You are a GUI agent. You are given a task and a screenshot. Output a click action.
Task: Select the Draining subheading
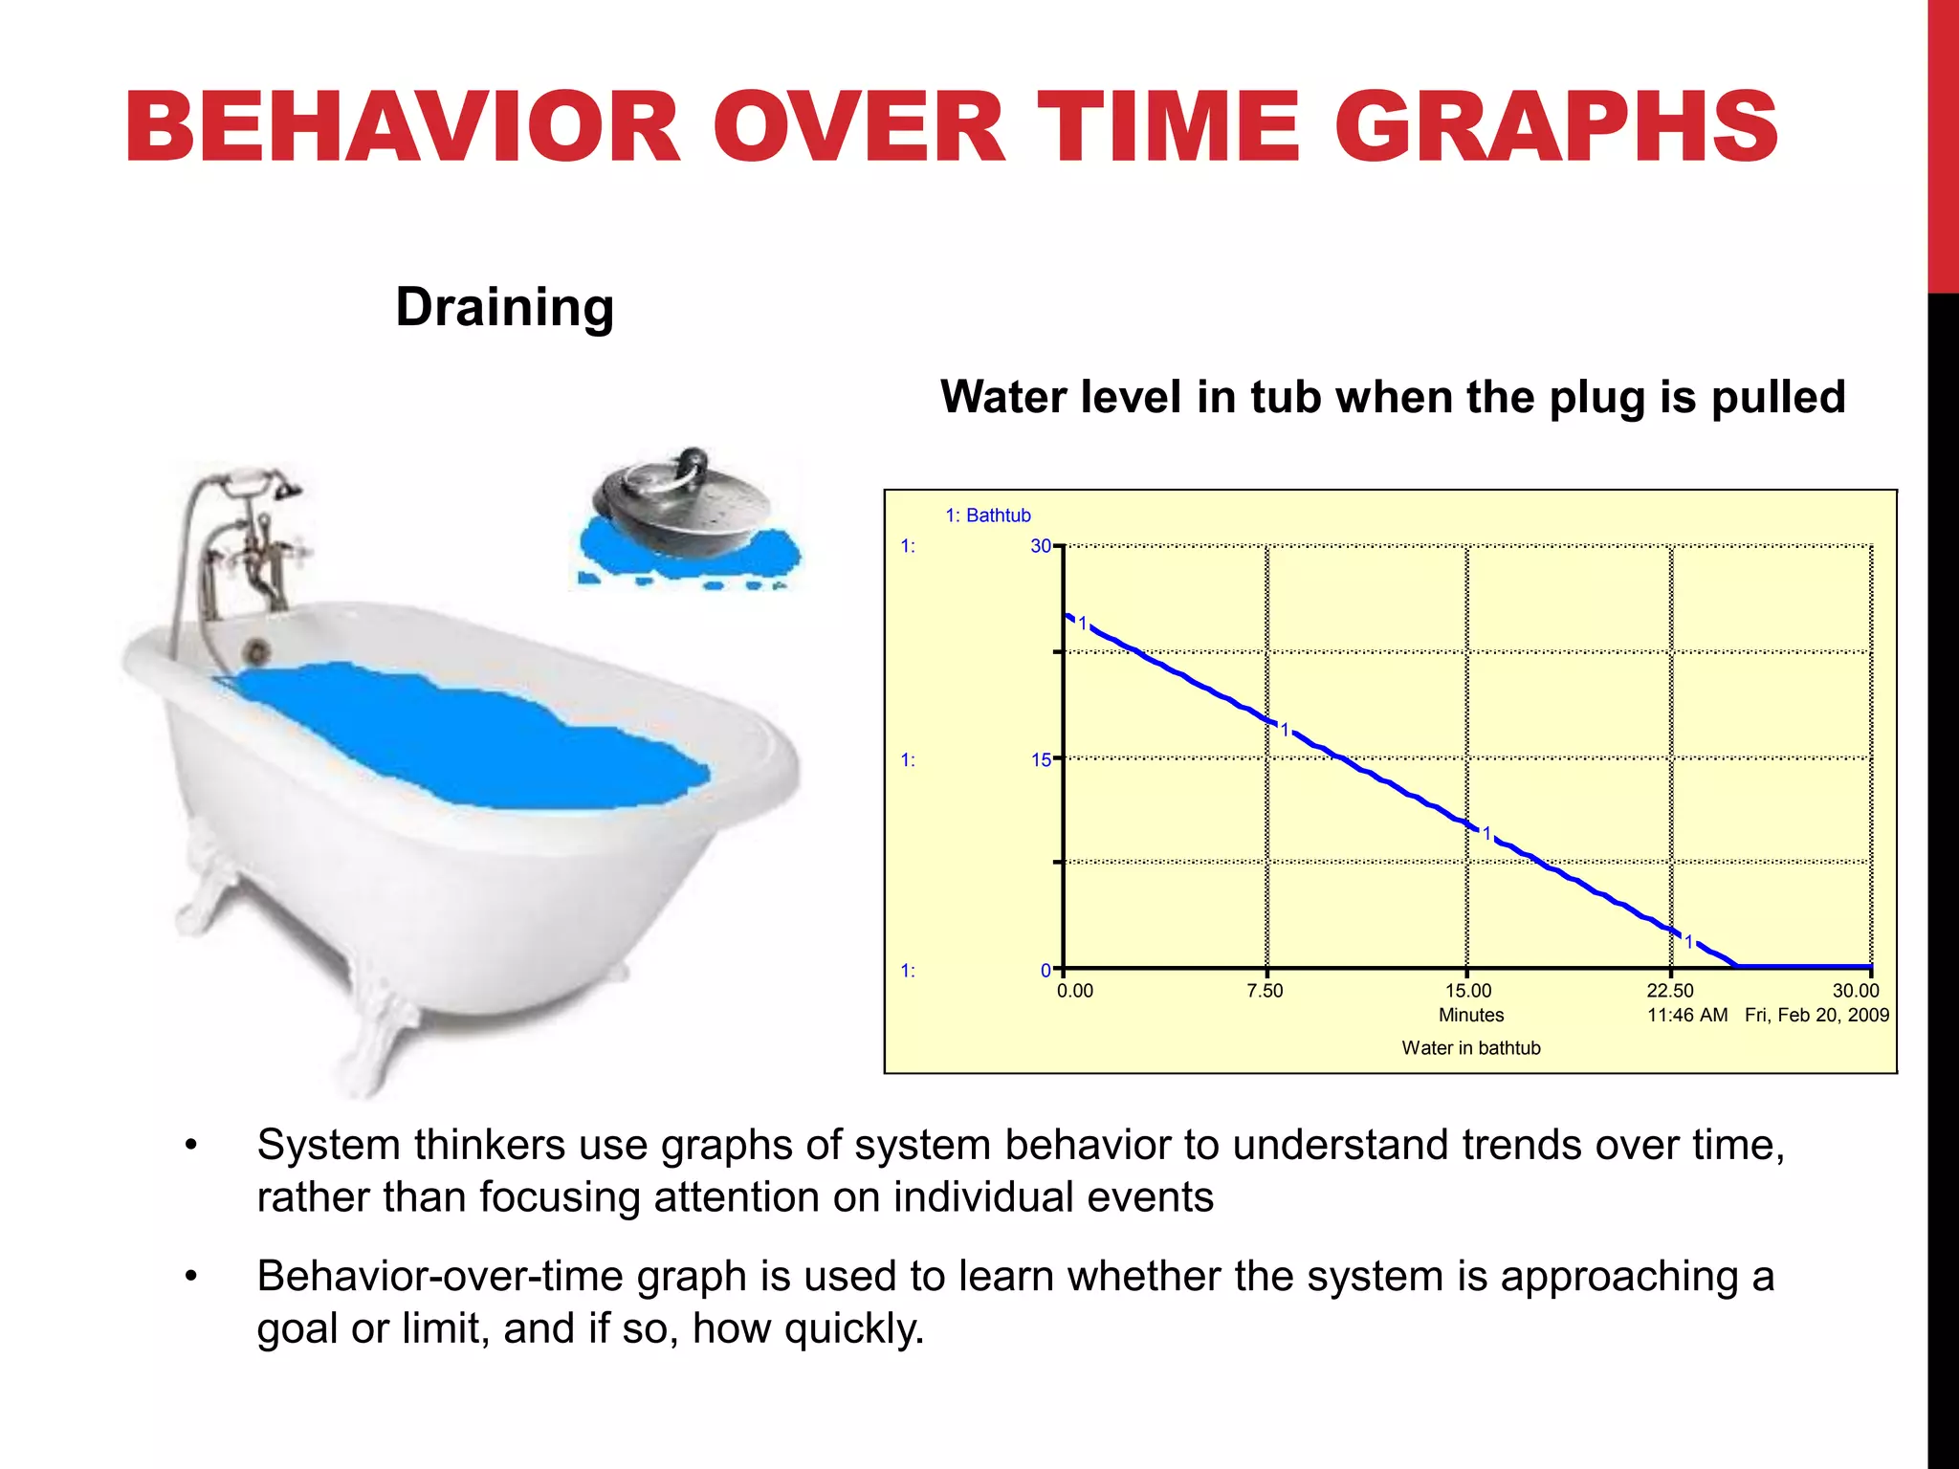(x=504, y=307)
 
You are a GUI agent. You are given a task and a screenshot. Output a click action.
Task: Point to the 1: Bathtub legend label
(x=987, y=515)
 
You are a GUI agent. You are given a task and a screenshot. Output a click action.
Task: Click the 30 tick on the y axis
(x=1040, y=546)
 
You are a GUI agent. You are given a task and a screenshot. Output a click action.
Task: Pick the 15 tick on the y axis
(x=1040, y=760)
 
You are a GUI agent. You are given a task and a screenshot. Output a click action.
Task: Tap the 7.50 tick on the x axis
(x=1265, y=991)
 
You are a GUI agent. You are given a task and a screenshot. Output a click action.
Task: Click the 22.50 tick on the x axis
(x=1669, y=991)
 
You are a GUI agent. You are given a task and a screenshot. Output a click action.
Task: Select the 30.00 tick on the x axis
(x=1855, y=991)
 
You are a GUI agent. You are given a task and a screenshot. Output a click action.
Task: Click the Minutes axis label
(x=1471, y=1015)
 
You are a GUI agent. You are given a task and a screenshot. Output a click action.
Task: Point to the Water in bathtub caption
(x=1471, y=1048)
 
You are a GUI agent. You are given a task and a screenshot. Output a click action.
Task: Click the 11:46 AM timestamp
(x=1686, y=1015)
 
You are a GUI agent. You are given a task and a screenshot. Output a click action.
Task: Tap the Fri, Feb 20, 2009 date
(x=1816, y=1015)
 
